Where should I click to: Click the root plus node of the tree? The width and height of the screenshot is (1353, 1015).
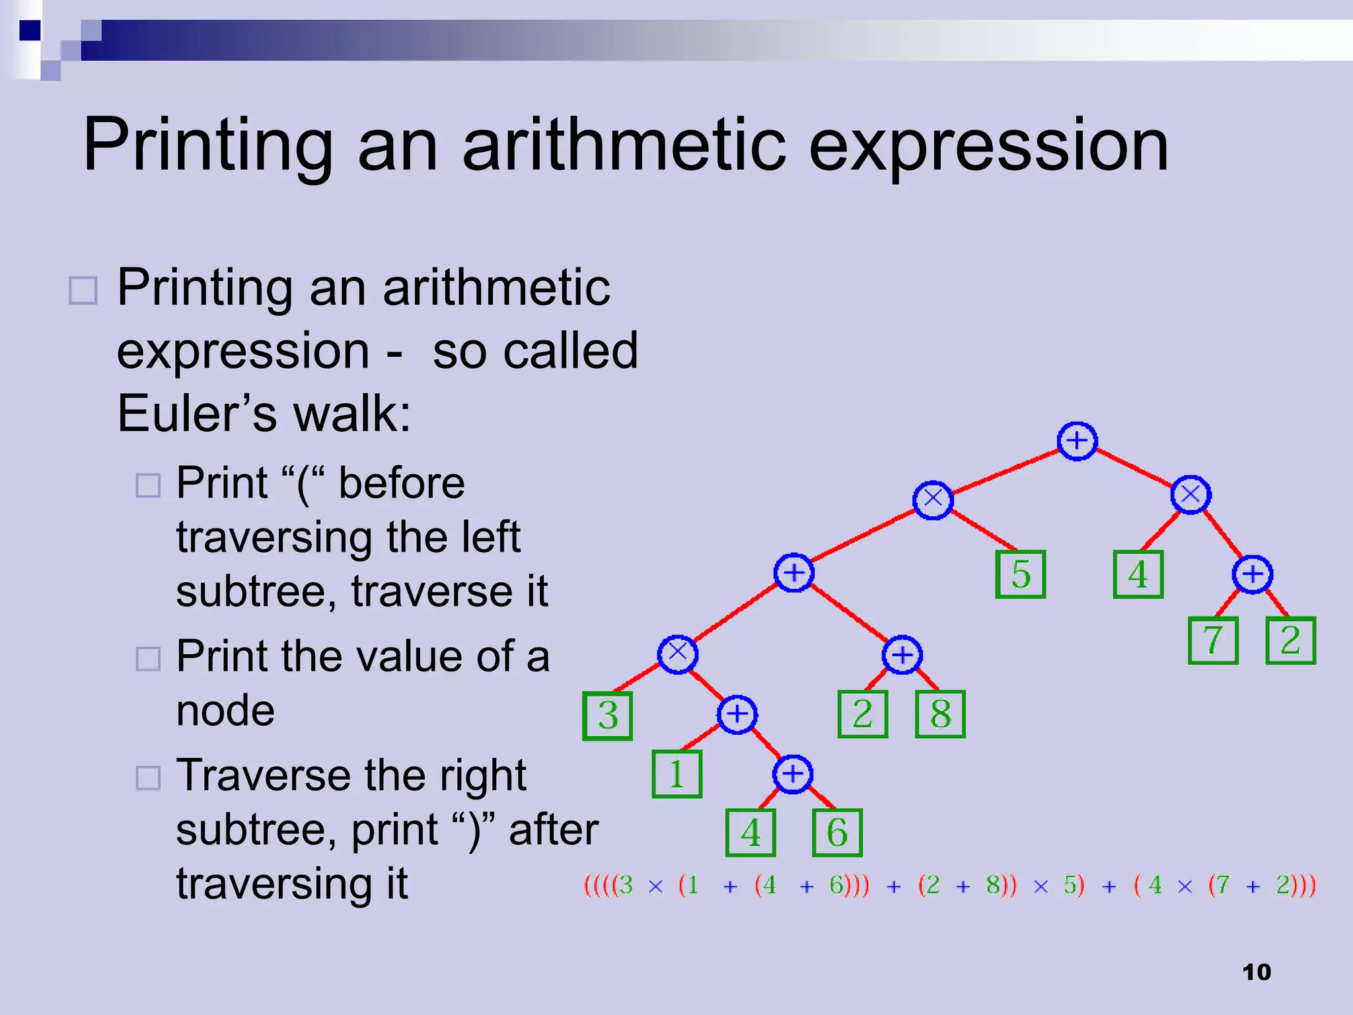(x=1077, y=441)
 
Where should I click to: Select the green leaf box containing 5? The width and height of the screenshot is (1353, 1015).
(x=1020, y=574)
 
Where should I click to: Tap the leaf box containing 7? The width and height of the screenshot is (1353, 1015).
(x=1213, y=640)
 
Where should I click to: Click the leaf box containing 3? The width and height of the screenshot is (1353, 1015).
(x=608, y=716)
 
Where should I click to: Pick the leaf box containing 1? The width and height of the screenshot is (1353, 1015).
(x=676, y=774)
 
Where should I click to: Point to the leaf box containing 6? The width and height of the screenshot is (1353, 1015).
(x=837, y=833)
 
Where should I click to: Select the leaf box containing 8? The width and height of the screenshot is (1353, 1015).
(x=940, y=714)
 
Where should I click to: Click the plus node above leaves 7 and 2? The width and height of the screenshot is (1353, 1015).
(x=1252, y=574)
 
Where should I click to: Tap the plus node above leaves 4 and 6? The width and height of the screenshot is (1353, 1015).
(x=792, y=774)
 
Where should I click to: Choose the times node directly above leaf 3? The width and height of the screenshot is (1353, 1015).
(x=677, y=654)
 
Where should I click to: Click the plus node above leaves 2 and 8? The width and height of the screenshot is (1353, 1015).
(x=902, y=655)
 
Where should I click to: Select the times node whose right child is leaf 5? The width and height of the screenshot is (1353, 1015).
(x=932, y=500)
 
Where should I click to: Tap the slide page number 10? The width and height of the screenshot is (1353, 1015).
(x=1256, y=972)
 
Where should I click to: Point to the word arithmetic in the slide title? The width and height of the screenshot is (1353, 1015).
(x=624, y=145)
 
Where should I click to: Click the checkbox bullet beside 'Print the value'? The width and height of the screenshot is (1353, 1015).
(x=148, y=659)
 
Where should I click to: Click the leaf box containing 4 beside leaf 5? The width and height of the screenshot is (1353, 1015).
(x=1138, y=574)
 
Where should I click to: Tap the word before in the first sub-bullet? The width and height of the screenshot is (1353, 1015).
(x=401, y=483)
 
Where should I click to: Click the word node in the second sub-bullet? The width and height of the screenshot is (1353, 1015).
(x=225, y=711)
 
